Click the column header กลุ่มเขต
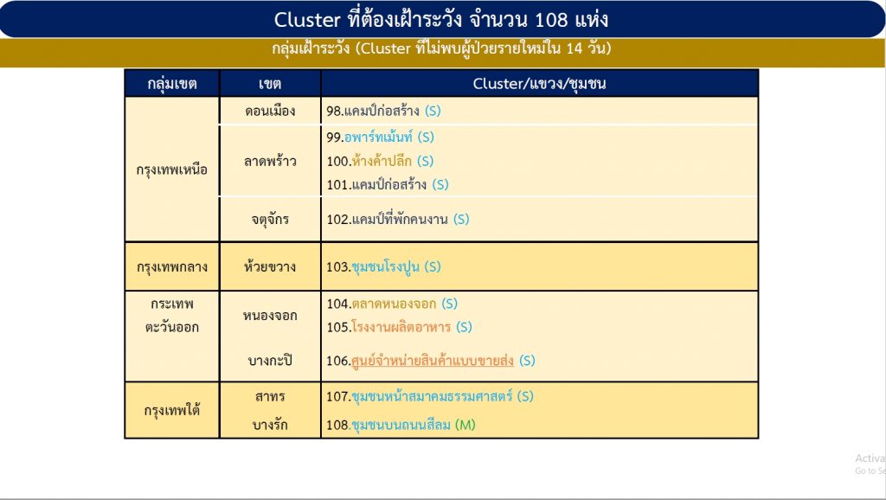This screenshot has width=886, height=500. (x=172, y=84)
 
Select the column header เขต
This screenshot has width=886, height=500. (x=270, y=84)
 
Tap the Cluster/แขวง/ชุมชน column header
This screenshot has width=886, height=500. (x=539, y=84)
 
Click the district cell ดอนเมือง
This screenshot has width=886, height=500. (x=270, y=111)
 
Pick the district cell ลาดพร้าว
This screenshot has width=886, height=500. (x=270, y=161)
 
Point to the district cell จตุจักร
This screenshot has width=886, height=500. (x=270, y=219)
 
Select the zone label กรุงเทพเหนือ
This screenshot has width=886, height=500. (x=172, y=170)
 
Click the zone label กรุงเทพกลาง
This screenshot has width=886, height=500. (x=172, y=266)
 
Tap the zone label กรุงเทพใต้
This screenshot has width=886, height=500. (x=172, y=410)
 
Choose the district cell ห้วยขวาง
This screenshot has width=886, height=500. (x=270, y=266)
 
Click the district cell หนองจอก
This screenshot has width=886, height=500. (x=270, y=315)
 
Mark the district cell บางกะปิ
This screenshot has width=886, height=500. (x=270, y=360)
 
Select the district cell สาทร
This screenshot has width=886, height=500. (x=270, y=396)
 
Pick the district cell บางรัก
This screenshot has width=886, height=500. (x=270, y=425)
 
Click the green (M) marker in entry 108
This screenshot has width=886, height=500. (x=465, y=425)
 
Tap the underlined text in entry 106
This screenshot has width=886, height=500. (x=433, y=361)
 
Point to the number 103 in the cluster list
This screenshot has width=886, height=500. (x=337, y=266)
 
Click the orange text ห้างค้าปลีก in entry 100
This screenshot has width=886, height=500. (x=382, y=161)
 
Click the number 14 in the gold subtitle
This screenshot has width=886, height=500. (x=575, y=48)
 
